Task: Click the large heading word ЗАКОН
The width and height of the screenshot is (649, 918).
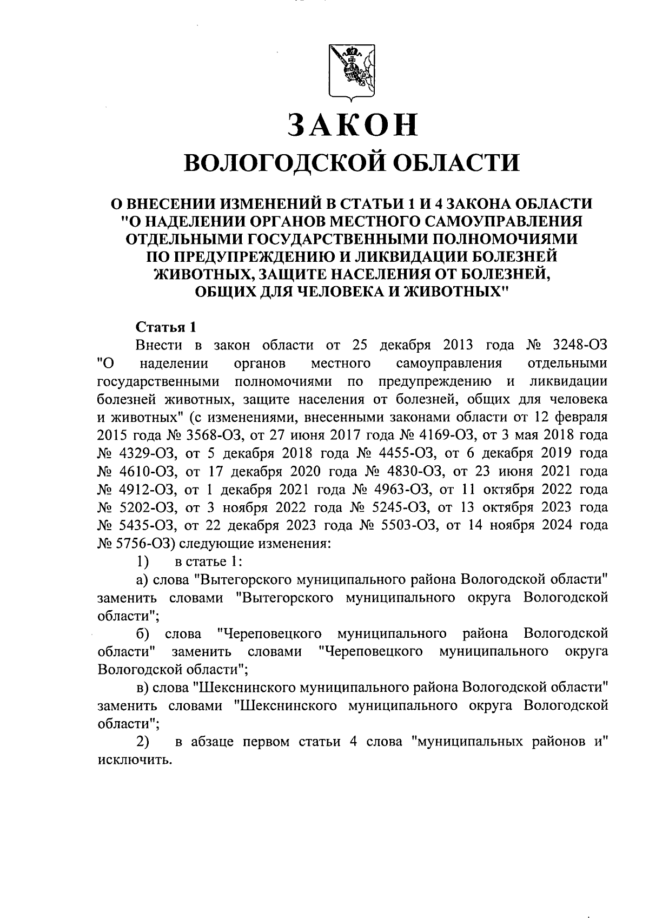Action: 353,124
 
